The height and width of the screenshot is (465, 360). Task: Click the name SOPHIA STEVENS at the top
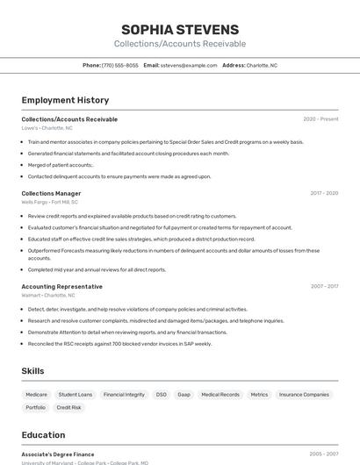180,30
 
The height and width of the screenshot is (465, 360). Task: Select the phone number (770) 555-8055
119,65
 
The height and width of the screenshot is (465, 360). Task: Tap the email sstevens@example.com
189,65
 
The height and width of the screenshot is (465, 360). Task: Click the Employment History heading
65,100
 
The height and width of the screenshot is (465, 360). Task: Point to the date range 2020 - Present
320,119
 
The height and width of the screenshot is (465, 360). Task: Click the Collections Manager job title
51,193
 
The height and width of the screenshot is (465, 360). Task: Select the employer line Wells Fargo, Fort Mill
49,202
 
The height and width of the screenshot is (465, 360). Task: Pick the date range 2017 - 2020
324,193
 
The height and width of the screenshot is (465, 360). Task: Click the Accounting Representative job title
61,286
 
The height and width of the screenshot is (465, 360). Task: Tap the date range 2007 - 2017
324,286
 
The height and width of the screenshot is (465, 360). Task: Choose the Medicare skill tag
36,395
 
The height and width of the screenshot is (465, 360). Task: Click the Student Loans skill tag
76,395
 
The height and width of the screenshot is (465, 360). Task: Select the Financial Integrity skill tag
124,395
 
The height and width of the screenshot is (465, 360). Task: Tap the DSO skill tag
162,395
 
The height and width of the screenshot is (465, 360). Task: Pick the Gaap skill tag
184,395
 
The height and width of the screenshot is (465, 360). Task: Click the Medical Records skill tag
220,395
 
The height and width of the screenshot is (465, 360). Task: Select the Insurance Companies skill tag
304,395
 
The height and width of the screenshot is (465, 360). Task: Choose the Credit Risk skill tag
69,407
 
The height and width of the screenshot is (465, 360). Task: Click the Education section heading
43,434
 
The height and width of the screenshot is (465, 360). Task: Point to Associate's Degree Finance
58,454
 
